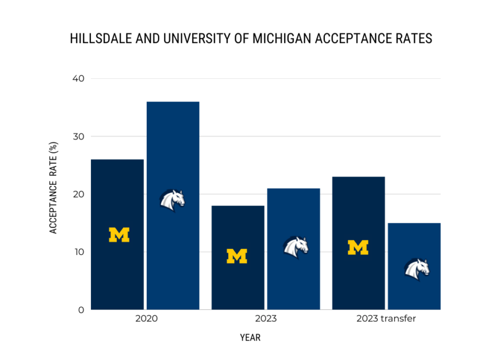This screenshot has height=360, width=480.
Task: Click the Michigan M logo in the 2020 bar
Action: (x=119, y=235)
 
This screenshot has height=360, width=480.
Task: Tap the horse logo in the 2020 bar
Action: (x=172, y=200)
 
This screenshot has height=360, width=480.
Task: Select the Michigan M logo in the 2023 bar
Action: (x=237, y=256)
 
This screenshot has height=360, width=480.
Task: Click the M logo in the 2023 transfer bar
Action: (x=358, y=247)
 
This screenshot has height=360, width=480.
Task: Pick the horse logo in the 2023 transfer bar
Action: (x=416, y=268)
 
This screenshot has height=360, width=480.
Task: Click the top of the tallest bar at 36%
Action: (x=173, y=103)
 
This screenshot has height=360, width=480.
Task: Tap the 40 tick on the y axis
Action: (x=78, y=79)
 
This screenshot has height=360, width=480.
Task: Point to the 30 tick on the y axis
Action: (x=78, y=136)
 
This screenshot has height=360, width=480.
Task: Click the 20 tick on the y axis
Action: (x=78, y=194)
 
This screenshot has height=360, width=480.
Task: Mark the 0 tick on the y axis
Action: (x=81, y=310)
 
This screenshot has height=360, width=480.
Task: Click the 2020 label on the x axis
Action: (x=146, y=320)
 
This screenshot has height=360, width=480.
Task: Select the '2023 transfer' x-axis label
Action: (x=386, y=320)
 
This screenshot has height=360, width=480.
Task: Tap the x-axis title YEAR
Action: (x=250, y=338)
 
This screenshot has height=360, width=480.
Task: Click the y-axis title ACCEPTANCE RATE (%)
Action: (x=54, y=188)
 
